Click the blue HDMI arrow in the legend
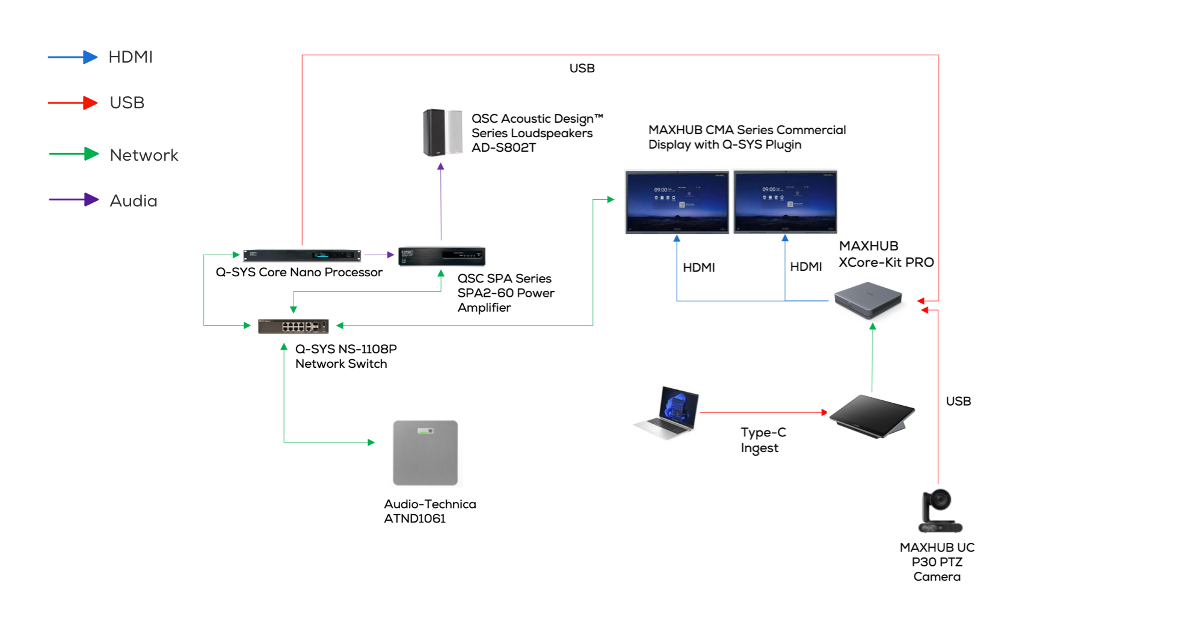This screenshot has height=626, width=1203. pyautogui.click(x=73, y=57)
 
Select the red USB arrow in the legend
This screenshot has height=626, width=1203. pyautogui.click(x=73, y=103)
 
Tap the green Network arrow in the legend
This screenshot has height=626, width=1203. pyautogui.click(x=73, y=154)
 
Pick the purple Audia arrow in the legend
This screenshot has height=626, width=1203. pyautogui.click(x=73, y=200)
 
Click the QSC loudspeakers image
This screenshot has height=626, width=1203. pyautogui.click(x=442, y=132)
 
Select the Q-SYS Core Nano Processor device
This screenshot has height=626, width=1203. pyautogui.click(x=302, y=255)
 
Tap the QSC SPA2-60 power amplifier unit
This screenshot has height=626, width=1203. pyautogui.click(x=442, y=256)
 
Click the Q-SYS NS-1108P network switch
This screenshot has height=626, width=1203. pyautogui.click(x=293, y=326)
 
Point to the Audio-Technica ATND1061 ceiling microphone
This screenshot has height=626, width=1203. pyautogui.click(x=425, y=453)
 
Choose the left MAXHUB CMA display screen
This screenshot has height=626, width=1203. pyautogui.click(x=677, y=202)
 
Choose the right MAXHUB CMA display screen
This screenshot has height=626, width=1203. pyautogui.click(x=785, y=202)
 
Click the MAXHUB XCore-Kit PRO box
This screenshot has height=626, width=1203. pyautogui.click(x=869, y=300)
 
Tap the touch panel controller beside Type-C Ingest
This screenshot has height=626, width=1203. pyautogui.click(x=872, y=417)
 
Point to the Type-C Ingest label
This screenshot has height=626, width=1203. pyautogui.click(x=763, y=440)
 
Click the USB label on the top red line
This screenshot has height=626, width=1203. pyautogui.click(x=582, y=69)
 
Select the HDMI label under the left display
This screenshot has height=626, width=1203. pyautogui.click(x=698, y=268)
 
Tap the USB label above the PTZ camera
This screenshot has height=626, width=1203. pyautogui.click(x=958, y=401)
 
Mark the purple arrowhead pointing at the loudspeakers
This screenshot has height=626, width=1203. pyautogui.click(x=441, y=166)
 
